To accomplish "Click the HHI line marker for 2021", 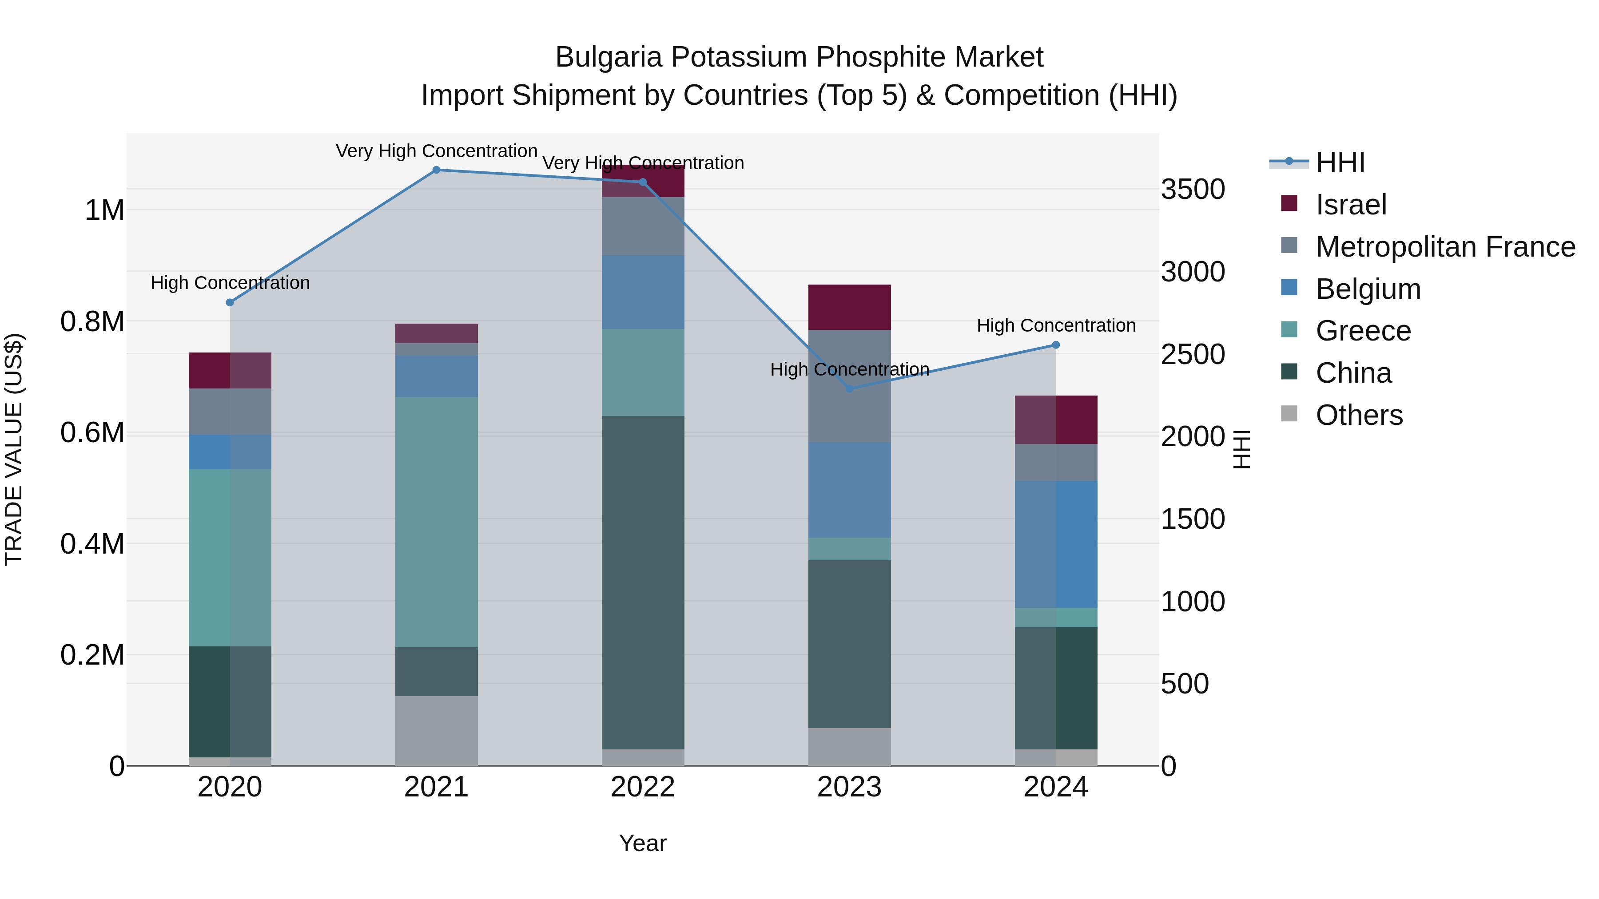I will [x=436, y=170].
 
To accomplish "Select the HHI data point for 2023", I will [x=850, y=389].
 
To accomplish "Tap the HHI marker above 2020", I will [x=230, y=303].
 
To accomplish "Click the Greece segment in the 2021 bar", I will [x=436, y=522].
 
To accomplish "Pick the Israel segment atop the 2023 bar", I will [x=850, y=307].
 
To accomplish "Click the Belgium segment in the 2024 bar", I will [x=1056, y=544].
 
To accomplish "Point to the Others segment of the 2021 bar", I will [x=436, y=730].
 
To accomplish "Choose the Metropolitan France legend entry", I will [x=1445, y=247].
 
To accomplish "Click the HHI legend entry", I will [x=1340, y=162].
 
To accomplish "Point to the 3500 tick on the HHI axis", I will [x=1193, y=189].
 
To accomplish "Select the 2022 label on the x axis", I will [x=643, y=787].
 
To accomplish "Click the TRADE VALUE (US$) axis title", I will [x=14, y=449].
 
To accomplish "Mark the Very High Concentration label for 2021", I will [x=436, y=151].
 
